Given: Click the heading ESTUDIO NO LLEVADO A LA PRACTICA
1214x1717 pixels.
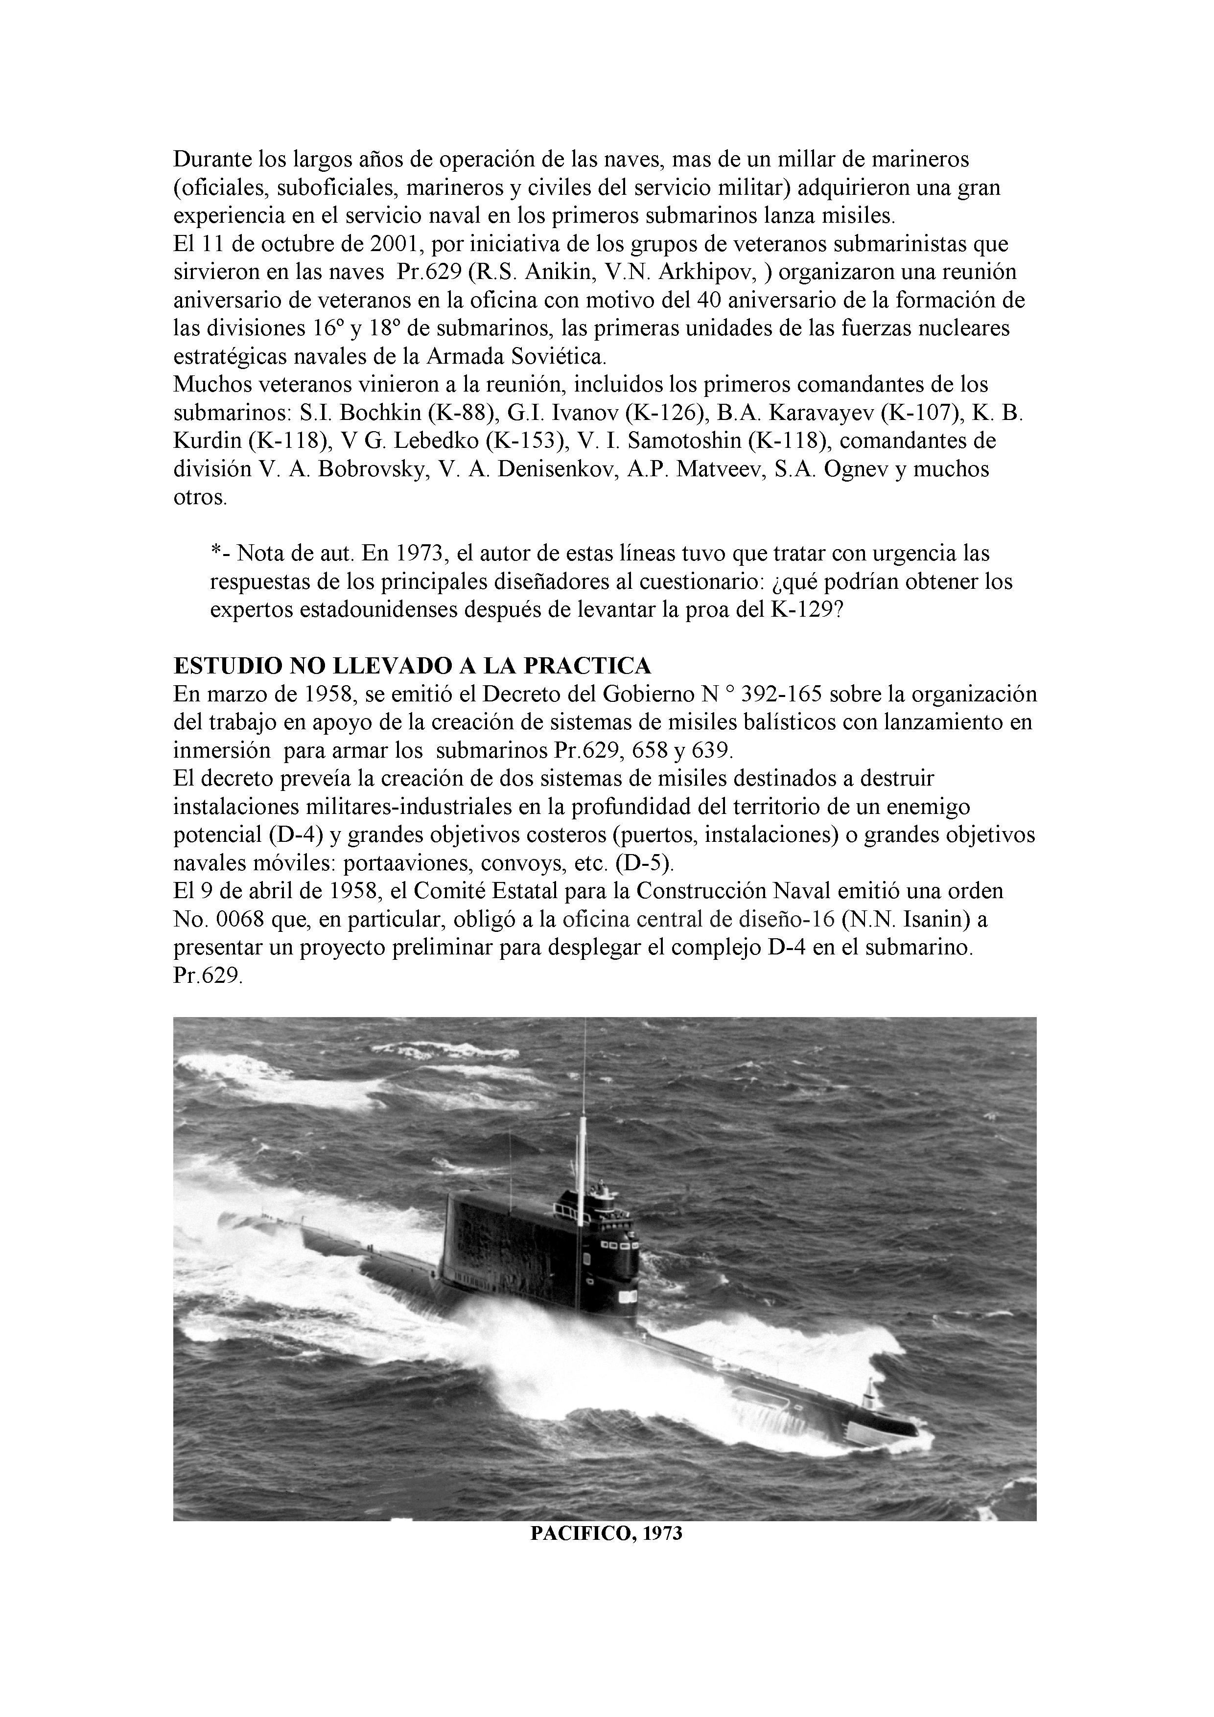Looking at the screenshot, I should [x=412, y=666].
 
